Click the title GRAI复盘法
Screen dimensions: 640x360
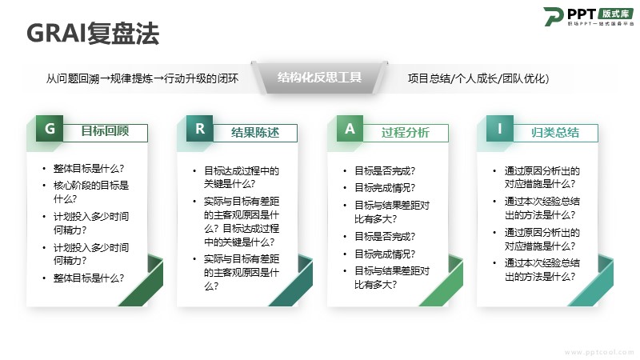click(93, 33)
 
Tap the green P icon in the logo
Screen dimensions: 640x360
click(553, 17)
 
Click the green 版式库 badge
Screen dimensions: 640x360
click(616, 14)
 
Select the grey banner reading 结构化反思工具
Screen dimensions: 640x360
click(319, 77)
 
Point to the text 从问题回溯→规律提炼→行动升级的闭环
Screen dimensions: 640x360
click(142, 78)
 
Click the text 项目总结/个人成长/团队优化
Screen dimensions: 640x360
click(478, 78)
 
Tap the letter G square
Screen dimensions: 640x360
click(50, 129)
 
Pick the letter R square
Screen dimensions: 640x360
click(200, 129)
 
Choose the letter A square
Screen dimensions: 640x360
click(350, 129)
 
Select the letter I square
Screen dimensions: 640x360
click(499, 129)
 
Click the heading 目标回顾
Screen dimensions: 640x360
click(105, 131)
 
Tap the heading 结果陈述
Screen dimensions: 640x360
click(255, 132)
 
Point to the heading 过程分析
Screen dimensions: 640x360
click(406, 132)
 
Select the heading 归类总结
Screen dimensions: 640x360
click(555, 132)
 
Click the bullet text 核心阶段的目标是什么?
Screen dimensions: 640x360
click(91, 192)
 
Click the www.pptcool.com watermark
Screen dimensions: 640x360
click(599, 352)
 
